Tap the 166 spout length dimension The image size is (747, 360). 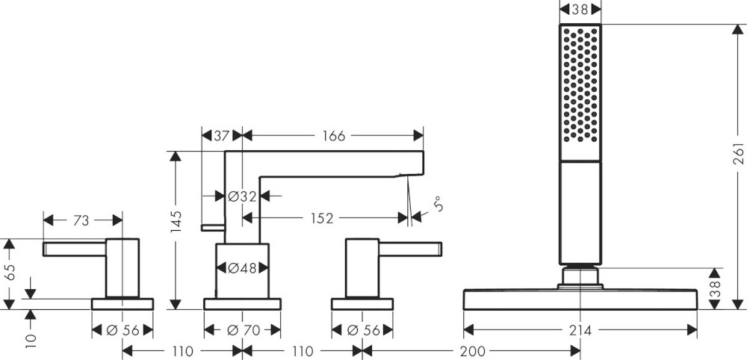[333, 136]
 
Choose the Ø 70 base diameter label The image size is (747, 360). [242, 329]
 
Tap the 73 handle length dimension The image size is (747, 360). [81, 220]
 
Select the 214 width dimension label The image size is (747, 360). [580, 329]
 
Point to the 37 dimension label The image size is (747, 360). [220, 136]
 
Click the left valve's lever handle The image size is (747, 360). [75, 249]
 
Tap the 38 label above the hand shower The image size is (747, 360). [580, 10]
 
